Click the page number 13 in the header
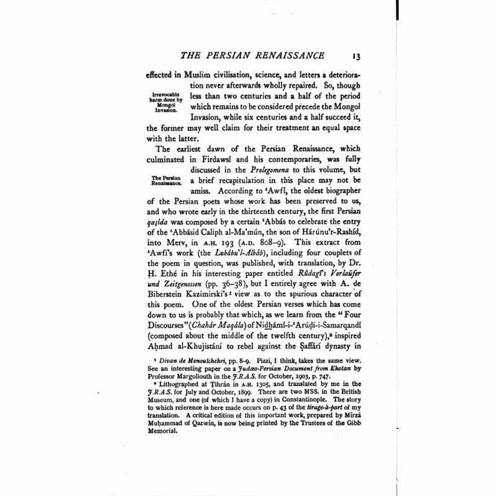[350, 59]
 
